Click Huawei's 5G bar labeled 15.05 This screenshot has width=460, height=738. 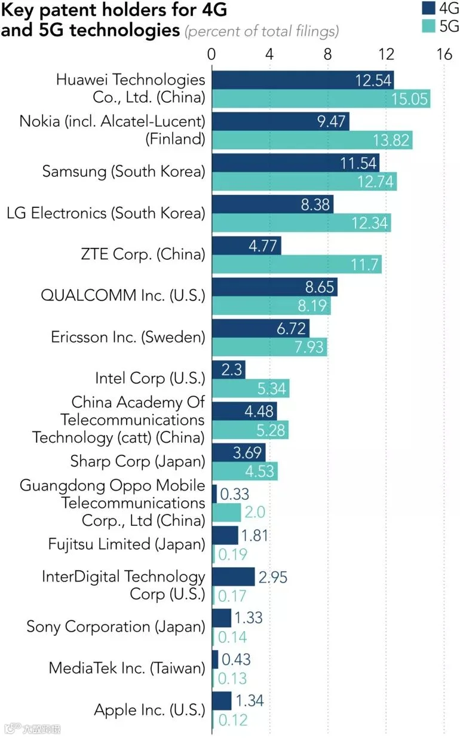point(321,99)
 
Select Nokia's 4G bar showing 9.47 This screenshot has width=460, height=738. point(281,121)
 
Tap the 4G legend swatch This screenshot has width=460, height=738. point(428,8)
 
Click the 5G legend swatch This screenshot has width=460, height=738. point(428,26)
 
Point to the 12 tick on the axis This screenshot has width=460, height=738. point(386,54)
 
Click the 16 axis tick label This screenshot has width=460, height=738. point(444,54)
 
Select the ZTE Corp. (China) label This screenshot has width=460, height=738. point(143,255)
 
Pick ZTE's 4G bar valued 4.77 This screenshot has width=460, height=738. point(247,246)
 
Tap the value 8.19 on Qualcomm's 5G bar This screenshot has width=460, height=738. point(312,305)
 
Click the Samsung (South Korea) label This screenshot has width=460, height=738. point(124,172)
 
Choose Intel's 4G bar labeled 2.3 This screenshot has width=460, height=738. point(229,370)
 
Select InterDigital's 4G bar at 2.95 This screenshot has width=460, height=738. point(234,577)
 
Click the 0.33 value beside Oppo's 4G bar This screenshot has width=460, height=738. point(234,494)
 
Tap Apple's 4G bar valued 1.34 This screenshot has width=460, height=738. point(222,701)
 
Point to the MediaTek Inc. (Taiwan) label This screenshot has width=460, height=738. point(127,669)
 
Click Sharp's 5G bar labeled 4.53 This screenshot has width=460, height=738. point(245,471)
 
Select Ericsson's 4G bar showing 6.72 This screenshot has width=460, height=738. point(261,328)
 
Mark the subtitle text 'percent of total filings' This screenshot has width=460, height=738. point(262,31)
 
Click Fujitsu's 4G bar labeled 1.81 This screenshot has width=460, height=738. point(225,535)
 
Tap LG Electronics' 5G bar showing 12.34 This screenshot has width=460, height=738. point(302,223)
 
